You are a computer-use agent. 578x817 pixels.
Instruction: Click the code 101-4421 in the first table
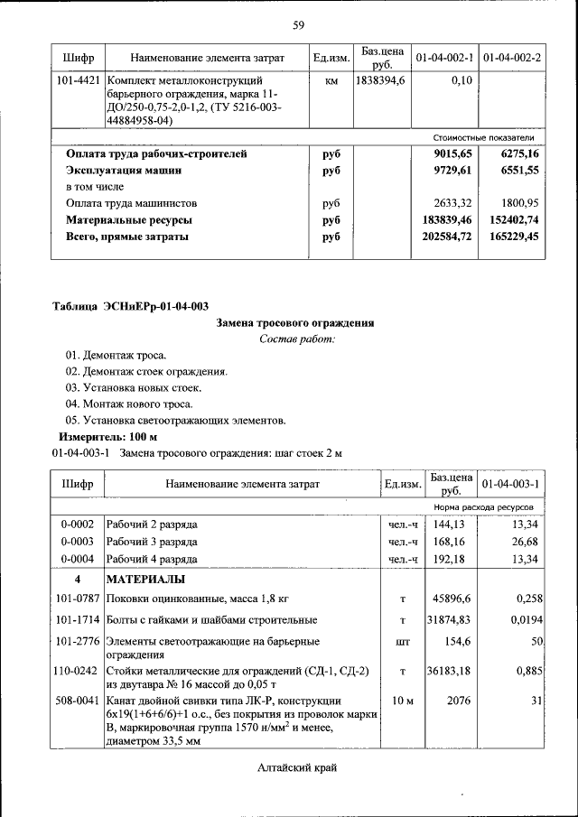pyautogui.click(x=77, y=81)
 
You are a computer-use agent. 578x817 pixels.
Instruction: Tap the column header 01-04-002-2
pyautogui.click(x=512, y=58)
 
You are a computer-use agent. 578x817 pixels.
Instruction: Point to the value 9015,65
pyautogui.click(x=453, y=154)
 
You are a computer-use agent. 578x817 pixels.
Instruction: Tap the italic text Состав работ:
pyautogui.click(x=296, y=339)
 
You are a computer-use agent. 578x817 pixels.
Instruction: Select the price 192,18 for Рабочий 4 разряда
pyautogui.click(x=448, y=559)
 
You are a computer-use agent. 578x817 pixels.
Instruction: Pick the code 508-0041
pyautogui.click(x=77, y=701)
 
